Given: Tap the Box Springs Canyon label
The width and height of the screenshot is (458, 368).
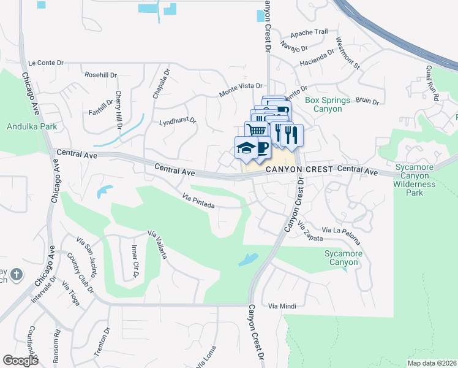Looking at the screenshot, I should tap(327, 104).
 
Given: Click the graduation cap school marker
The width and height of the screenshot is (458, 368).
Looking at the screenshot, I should tap(246, 148).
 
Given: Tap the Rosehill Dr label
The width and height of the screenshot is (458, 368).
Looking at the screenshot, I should tap(101, 75).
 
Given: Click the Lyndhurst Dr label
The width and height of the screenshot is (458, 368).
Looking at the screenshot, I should tap(177, 121).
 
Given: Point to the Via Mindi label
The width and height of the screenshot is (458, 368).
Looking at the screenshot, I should tap(282, 305).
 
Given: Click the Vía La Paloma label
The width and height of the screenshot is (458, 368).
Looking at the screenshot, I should tap(336, 231).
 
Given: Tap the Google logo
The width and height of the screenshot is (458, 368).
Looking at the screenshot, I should tap(21, 361).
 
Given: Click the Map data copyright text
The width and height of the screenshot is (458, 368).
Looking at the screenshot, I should tap(431, 363).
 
